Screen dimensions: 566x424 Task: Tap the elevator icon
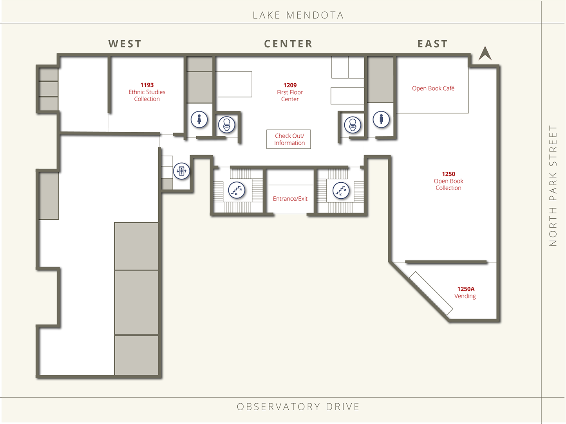pos(181,171)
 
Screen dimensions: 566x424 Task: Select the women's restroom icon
pos(199,119)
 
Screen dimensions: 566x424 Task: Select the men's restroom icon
pos(381,119)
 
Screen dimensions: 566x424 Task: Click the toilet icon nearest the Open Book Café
pos(353,125)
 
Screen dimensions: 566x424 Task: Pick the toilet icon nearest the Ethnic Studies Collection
pos(227,125)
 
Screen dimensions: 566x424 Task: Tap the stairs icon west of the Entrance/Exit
pos(237,190)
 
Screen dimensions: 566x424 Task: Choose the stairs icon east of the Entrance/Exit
pos(341,190)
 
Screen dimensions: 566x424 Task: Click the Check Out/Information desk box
pos(289,139)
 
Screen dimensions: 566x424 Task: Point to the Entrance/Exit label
pos(290,198)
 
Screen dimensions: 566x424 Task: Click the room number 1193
pos(147,85)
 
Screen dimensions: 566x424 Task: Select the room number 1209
pos(290,85)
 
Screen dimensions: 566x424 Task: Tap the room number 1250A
pos(466,289)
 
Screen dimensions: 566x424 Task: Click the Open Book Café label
pos(433,88)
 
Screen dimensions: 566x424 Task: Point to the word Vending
pos(465,296)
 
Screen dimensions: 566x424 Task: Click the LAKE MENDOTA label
pos(298,15)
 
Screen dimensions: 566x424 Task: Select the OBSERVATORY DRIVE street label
pos(298,407)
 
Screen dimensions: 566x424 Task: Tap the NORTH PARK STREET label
pos(553,186)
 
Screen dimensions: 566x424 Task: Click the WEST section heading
pos(125,44)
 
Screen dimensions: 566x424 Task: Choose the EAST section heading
pos(432,44)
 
